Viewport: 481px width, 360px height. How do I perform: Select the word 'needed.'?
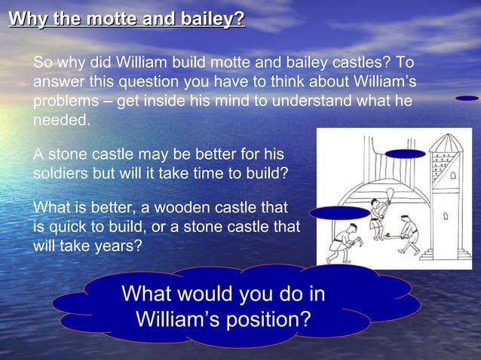click(x=61, y=121)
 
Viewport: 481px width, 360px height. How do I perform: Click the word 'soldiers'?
click(x=61, y=173)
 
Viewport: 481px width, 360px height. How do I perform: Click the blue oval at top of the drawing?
click(x=406, y=154)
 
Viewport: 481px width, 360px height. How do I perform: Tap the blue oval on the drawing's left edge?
click(x=339, y=212)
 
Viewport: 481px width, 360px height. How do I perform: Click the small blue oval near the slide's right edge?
click(x=467, y=98)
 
